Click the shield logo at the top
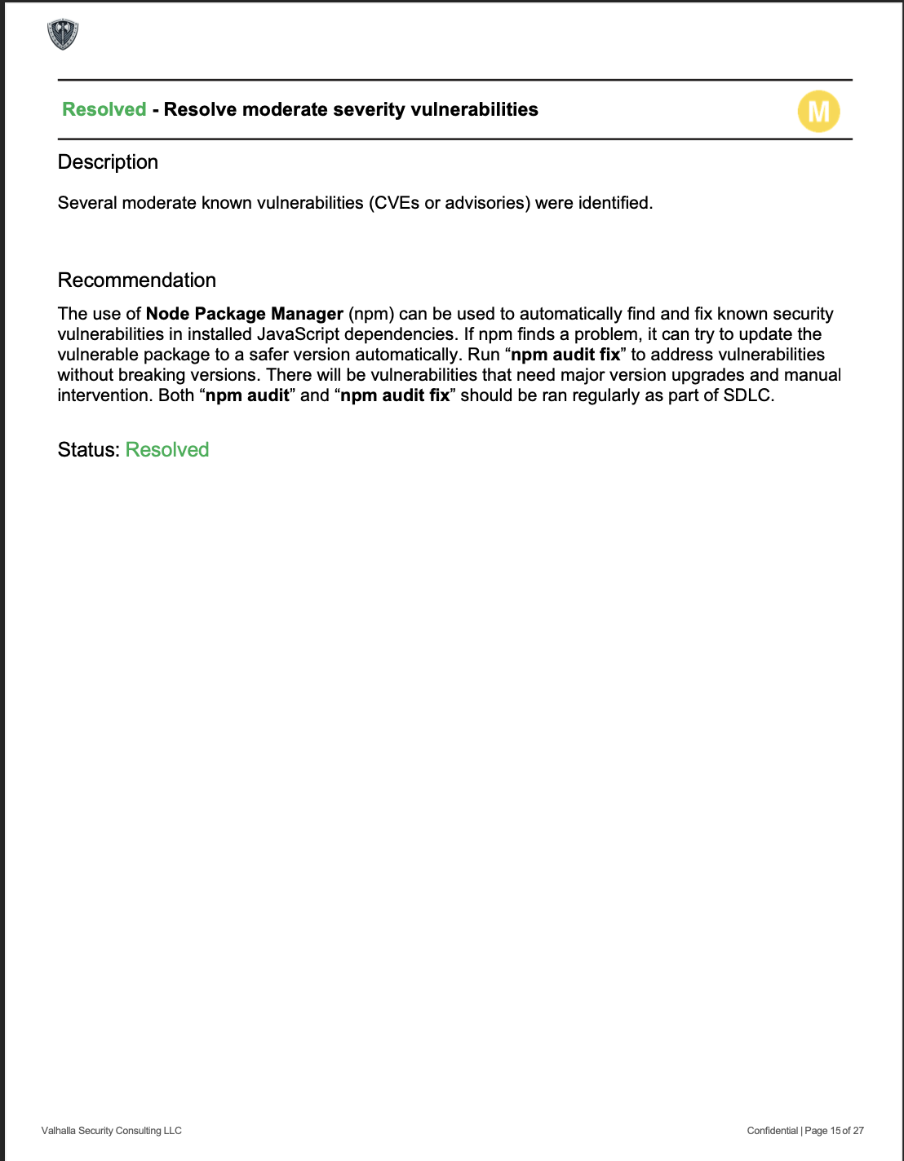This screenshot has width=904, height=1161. (x=63, y=34)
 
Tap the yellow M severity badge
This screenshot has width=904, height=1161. (x=818, y=112)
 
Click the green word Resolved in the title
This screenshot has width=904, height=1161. (x=104, y=109)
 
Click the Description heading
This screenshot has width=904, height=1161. (x=108, y=162)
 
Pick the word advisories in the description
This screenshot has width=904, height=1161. (x=486, y=203)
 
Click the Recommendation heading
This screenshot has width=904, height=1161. (x=137, y=280)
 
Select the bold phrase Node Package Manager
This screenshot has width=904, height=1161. (x=245, y=314)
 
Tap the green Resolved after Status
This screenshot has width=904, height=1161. (x=167, y=450)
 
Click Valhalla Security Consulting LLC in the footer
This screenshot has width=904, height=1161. (x=112, y=1131)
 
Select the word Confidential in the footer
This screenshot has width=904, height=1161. (x=772, y=1131)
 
